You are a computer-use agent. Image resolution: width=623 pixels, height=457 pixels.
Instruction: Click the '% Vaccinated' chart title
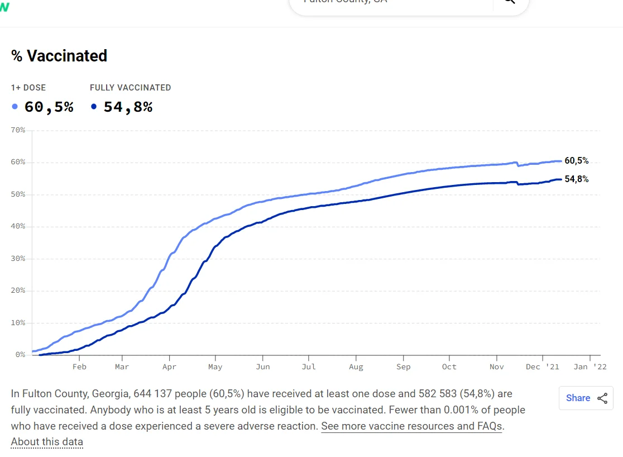tap(59, 56)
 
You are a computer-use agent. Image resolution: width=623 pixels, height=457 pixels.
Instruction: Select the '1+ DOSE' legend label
tap(28, 88)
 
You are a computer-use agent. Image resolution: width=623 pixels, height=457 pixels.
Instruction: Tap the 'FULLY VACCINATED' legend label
tap(130, 88)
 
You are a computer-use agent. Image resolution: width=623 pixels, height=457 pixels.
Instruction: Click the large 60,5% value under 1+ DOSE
tap(49, 107)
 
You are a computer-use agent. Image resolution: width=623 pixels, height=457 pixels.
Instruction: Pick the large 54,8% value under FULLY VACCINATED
tap(128, 107)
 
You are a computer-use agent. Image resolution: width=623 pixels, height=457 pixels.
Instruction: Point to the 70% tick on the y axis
tap(18, 130)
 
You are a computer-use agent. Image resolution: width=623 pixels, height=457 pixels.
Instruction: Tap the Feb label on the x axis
tap(79, 366)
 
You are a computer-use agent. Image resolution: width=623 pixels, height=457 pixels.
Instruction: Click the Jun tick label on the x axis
tap(262, 366)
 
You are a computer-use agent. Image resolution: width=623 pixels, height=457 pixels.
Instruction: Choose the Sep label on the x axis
tap(403, 366)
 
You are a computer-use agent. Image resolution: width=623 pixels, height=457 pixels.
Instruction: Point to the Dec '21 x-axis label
tap(542, 366)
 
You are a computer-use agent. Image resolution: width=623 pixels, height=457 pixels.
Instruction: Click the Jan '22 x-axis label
tap(590, 366)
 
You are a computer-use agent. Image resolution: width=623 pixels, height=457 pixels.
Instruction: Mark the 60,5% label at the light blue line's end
tap(577, 161)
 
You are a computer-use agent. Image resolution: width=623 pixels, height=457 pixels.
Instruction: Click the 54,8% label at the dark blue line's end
tap(577, 179)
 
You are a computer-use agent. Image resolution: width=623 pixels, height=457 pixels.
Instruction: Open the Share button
tap(586, 398)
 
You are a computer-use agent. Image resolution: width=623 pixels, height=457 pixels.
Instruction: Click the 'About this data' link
tap(47, 442)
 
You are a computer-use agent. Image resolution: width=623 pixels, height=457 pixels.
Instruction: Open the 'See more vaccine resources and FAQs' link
tap(412, 426)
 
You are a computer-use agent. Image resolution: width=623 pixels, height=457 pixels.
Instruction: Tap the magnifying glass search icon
tap(510, 2)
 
